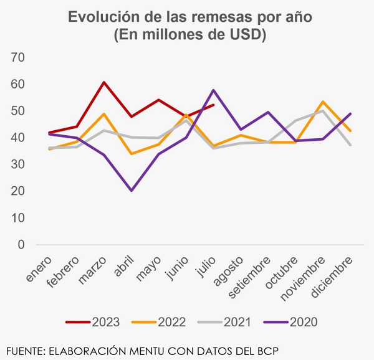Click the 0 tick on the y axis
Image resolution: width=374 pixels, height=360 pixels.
[x=21, y=245]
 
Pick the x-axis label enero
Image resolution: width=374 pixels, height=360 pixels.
[x=39, y=268]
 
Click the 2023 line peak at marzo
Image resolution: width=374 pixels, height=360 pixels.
[x=104, y=82]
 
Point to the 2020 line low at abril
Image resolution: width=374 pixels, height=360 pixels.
[x=131, y=191]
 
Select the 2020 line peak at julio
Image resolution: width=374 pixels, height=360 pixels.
[x=214, y=90]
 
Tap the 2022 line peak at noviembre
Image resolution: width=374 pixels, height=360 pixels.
[x=322, y=102]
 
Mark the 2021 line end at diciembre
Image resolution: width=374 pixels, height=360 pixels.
[x=350, y=144]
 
